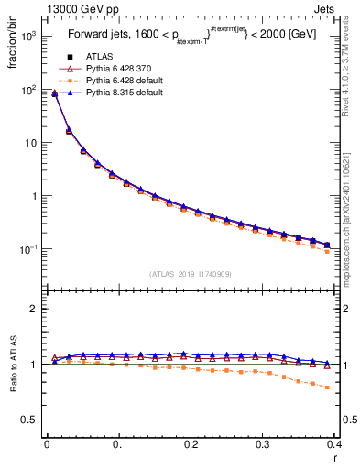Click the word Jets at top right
(x=340, y=8)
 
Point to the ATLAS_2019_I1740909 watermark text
(x=191, y=274)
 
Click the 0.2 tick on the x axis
(x=191, y=445)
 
